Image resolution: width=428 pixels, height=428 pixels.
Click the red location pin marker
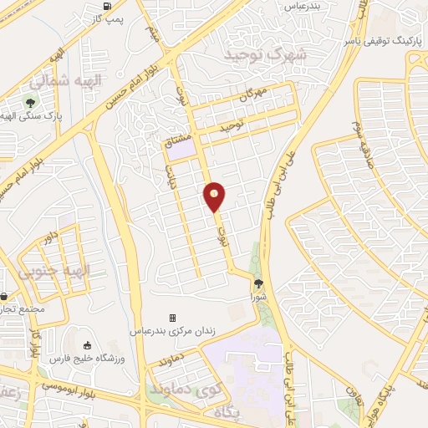214,196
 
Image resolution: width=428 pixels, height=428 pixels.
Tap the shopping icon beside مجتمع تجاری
4,296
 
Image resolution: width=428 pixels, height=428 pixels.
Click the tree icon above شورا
257,284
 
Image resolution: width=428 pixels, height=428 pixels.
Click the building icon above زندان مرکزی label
172,318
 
